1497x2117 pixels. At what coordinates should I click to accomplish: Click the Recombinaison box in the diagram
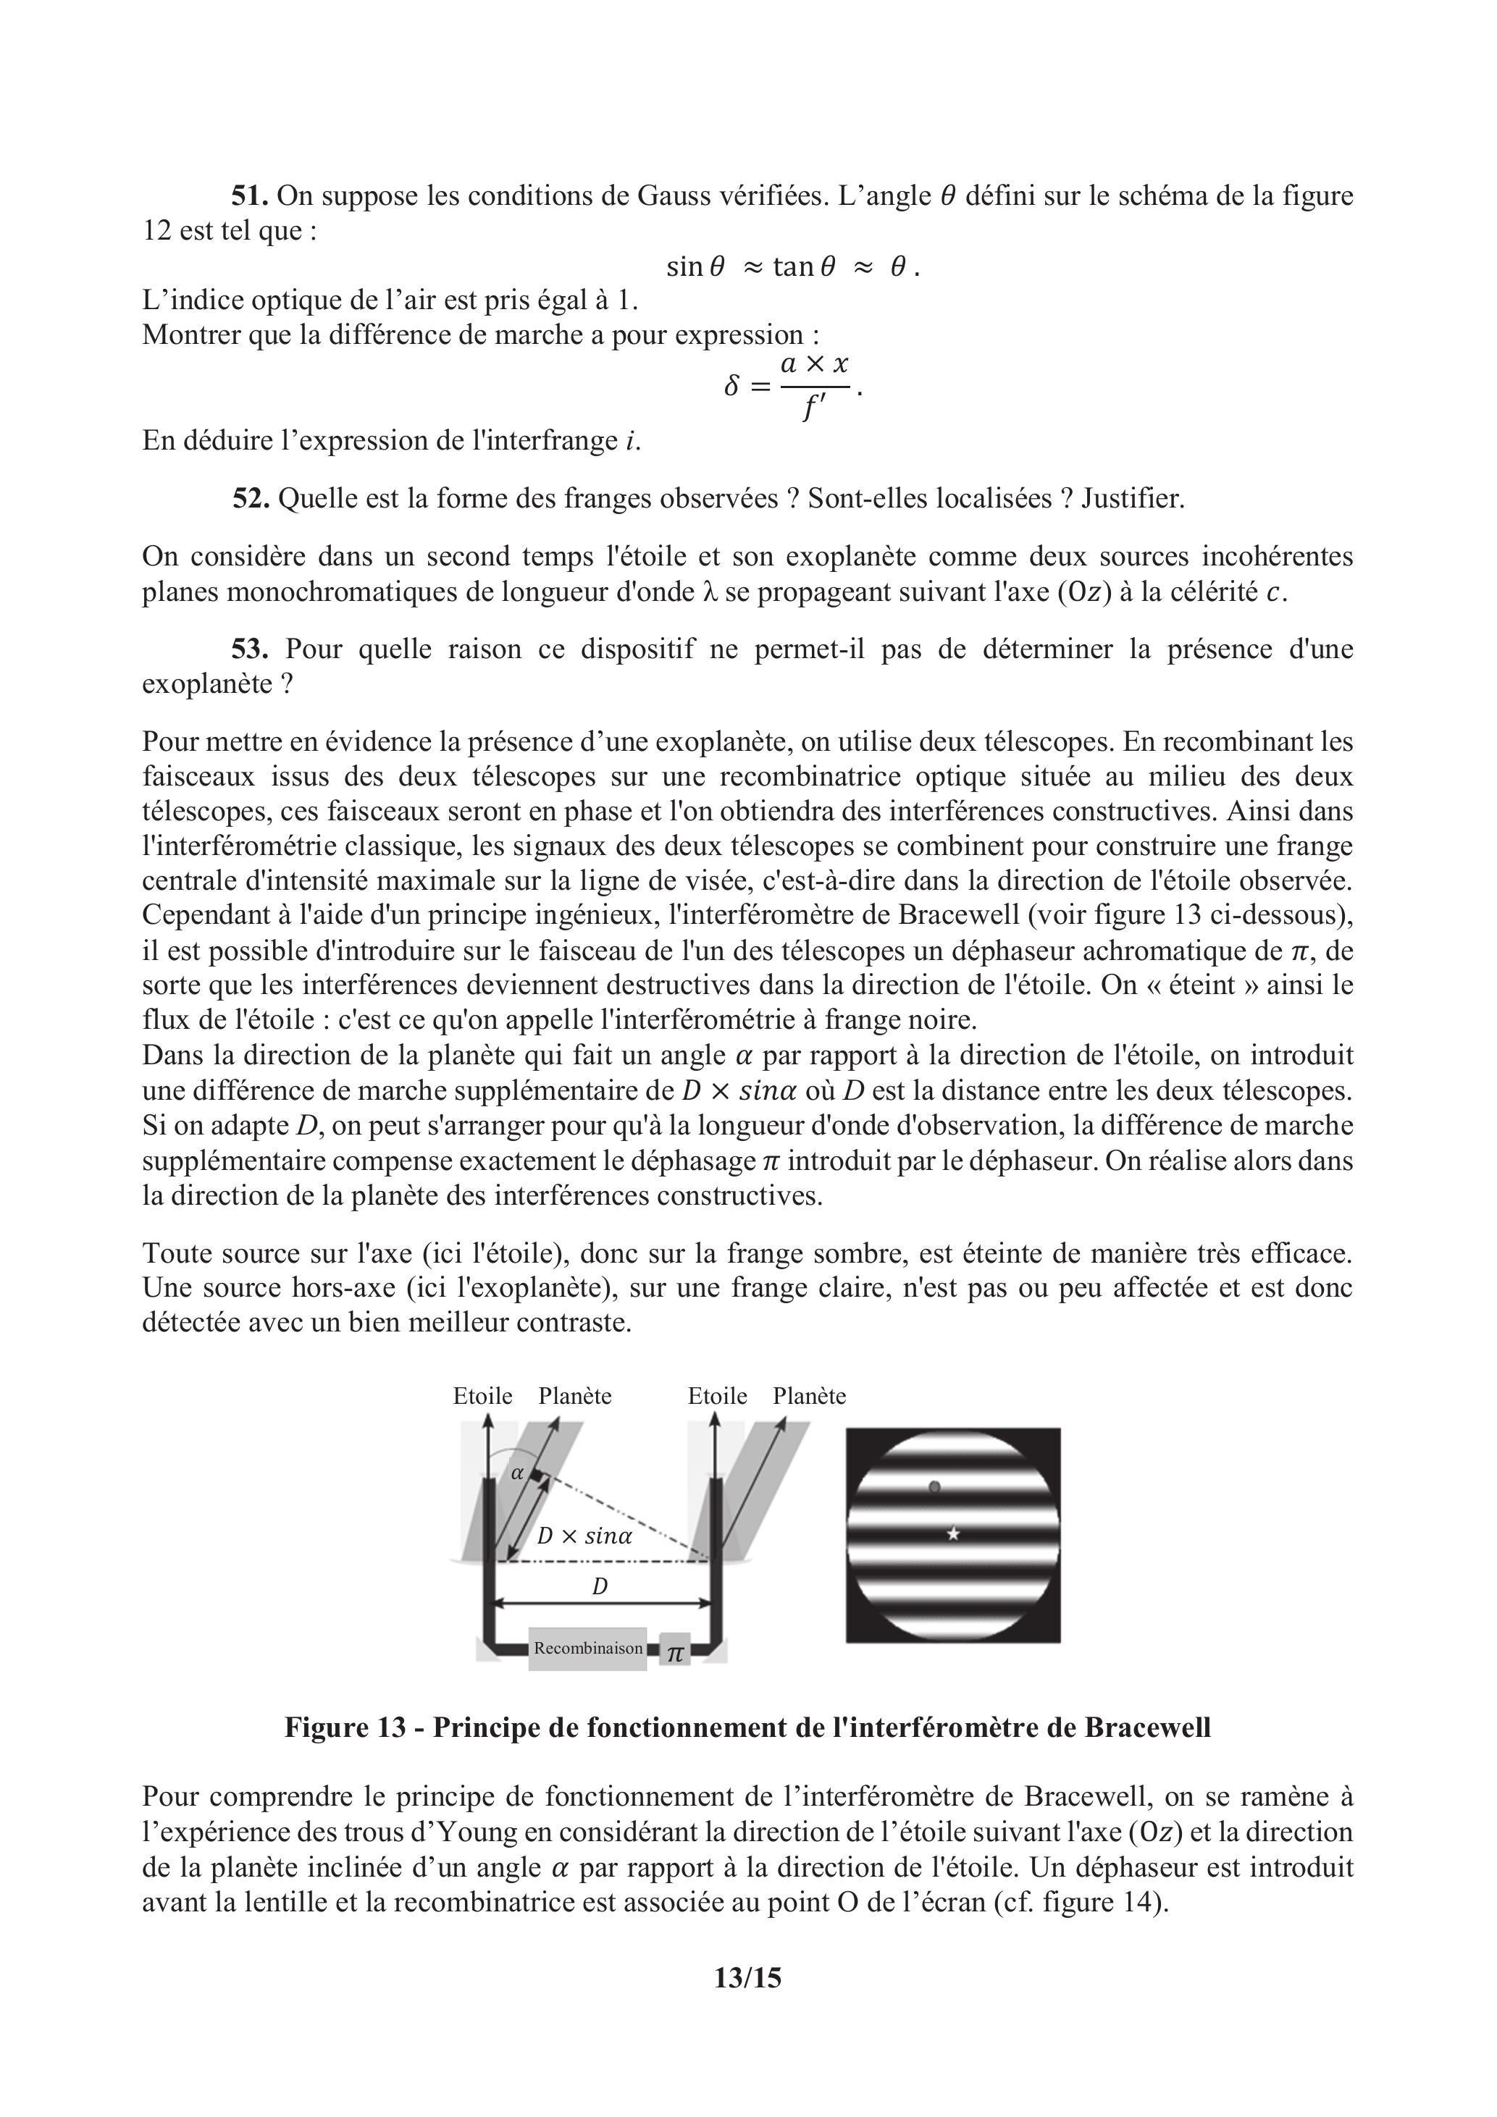coord(587,1648)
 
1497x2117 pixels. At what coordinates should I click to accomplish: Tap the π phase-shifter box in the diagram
coord(675,1651)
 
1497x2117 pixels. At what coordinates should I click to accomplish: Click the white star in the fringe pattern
coord(954,1533)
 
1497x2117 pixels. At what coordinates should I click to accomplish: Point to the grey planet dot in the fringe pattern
coord(934,1486)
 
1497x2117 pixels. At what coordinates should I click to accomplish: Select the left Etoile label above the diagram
coord(482,1396)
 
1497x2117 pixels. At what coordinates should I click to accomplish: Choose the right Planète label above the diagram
coord(809,1396)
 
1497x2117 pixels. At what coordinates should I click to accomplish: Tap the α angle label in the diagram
coord(517,1473)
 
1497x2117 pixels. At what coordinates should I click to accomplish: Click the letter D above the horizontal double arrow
coord(600,1587)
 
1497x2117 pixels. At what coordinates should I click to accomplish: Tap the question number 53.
coord(250,649)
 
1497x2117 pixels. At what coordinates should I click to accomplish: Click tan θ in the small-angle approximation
coord(803,266)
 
